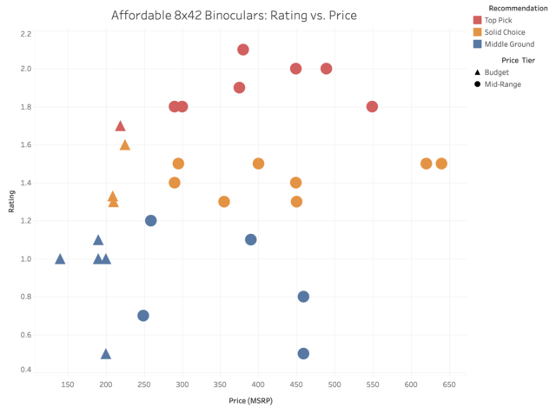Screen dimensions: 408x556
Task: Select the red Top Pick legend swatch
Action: pos(478,19)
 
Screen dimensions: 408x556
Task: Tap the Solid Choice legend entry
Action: pos(478,31)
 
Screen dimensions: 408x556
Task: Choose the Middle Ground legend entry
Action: pos(478,43)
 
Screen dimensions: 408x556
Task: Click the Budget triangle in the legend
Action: pos(478,72)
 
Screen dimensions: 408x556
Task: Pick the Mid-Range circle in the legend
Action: pos(478,84)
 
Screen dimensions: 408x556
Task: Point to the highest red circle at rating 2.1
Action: pos(243,50)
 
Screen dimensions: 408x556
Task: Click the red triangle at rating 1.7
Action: pos(121,127)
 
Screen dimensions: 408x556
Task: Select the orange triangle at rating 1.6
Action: pos(124,145)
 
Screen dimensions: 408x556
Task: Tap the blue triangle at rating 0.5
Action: pos(106,354)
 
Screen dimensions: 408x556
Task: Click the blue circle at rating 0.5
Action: pos(303,354)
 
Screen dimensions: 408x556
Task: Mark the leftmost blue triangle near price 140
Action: pos(60,259)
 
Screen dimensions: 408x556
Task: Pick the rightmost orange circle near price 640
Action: pos(441,164)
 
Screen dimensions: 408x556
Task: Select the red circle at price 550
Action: pos(373,107)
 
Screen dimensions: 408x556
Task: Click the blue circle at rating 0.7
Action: pos(143,316)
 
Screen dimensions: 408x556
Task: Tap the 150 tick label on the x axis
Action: pos(68,384)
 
